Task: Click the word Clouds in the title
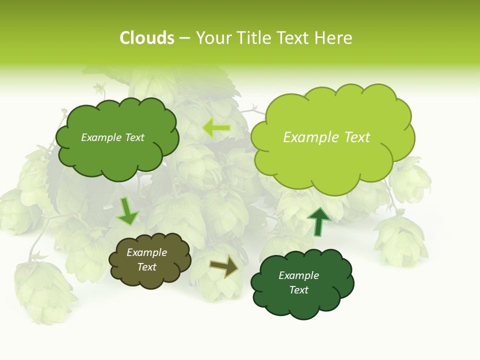point(147,38)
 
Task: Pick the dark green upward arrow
point(318,221)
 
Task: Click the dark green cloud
point(302,300)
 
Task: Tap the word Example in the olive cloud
point(146,252)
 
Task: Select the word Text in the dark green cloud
point(298,290)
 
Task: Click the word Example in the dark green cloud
point(298,275)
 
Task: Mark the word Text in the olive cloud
point(146,267)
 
